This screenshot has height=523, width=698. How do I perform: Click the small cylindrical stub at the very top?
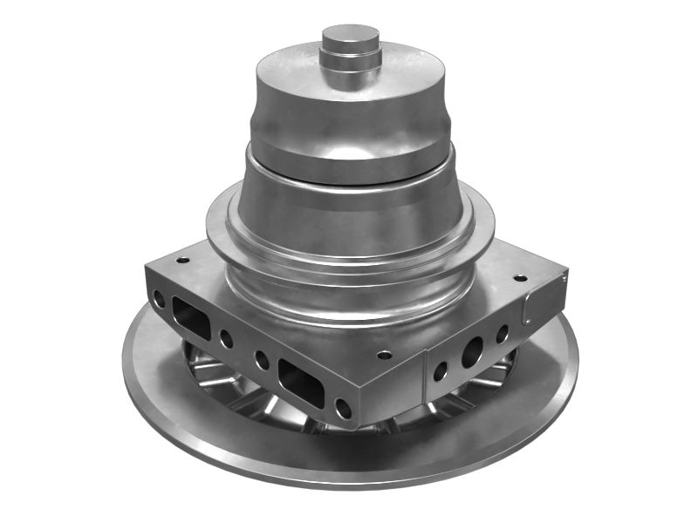tap(350, 37)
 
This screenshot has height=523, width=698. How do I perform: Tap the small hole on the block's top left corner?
tap(182, 260)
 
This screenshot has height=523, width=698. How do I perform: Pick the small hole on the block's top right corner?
tap(520, 278)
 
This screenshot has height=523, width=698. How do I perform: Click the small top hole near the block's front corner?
tap(383, 355)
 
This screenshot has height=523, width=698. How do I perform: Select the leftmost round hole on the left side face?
tap(159, 299)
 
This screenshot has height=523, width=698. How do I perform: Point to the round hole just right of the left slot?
tap(226, 339)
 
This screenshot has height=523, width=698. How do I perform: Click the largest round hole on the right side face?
tap(472, 350)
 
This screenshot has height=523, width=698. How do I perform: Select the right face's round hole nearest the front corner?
tap(440, 371)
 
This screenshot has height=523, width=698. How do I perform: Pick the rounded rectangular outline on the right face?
tap(532, 306)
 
